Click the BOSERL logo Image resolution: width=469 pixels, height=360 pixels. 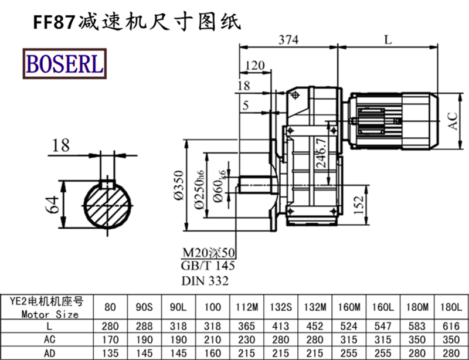pyautogui.click(x=64, y=63)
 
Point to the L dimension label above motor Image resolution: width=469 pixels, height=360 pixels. pyautogui.click(x=388, y=40)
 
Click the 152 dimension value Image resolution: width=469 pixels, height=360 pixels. pyautogui.click(x=360, y=203)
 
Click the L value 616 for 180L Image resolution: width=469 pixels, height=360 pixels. pyautogui.click(x=451, y=325)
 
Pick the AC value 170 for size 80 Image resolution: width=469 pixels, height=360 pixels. pyautogui.click(x=110, y=338)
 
